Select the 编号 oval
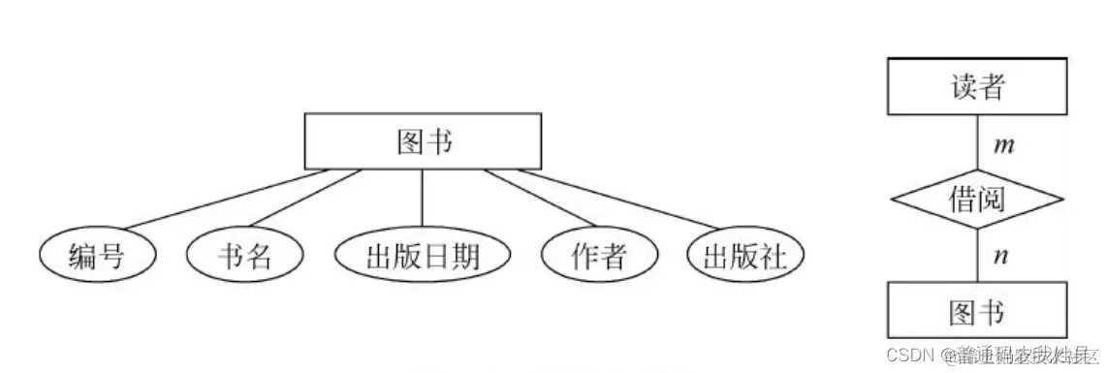(97, 256)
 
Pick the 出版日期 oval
(423, 256)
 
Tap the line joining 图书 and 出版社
(620, 200)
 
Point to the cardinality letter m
(1004, 146)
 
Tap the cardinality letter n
(1002, 257)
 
